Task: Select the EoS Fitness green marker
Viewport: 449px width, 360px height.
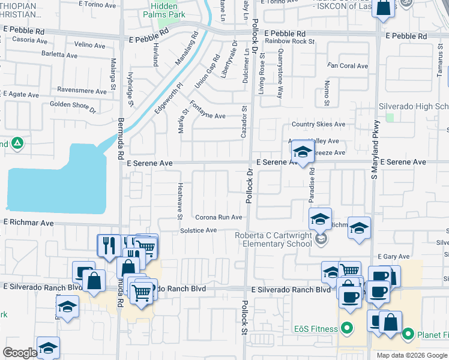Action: (x=346, y=328)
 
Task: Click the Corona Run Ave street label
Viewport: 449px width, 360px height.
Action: (x=218, y=217)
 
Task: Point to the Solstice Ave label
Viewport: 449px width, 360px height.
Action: (x=198, y=230)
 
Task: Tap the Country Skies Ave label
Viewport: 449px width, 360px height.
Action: (x=318, y=124)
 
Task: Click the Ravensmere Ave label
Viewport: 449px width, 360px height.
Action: (x=82, y=91)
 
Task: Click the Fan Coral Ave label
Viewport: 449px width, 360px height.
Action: (x=348, y=66)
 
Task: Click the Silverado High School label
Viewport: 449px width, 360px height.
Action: (x=414, y=106)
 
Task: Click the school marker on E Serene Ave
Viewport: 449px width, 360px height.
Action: (x=303, y=152)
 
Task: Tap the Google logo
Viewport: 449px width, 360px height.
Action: (x=19, y=353)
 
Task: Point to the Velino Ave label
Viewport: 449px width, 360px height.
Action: (x=89, y=44)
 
